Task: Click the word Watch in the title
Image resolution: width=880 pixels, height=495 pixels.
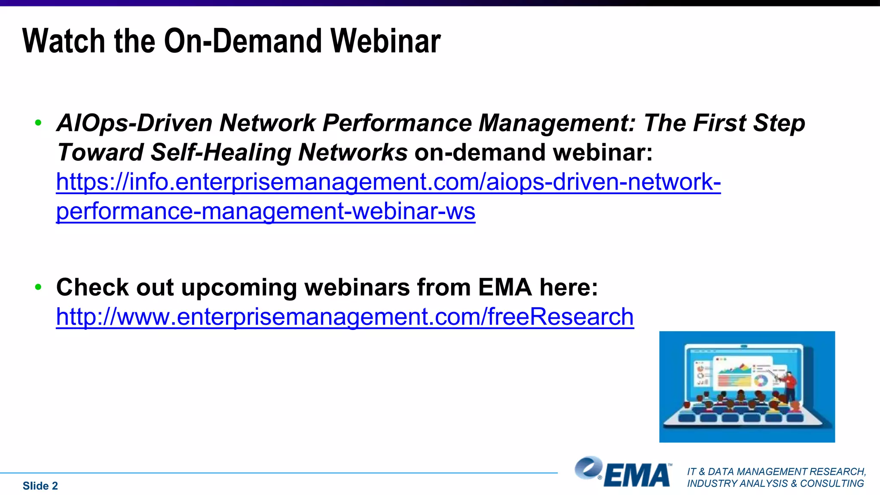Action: pos(64,41)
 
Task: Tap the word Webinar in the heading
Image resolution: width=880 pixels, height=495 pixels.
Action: pos(385,41)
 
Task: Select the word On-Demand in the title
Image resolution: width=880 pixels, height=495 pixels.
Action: pos(243,41)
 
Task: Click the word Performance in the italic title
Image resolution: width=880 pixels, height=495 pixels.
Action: pos(397,123)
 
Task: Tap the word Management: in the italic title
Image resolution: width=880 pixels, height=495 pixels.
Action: pos(557,123)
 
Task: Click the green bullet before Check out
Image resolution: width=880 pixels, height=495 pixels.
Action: pos(38,287)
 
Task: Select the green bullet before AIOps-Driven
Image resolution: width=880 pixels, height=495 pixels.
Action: pos(38,123)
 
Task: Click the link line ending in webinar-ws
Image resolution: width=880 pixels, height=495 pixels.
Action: pos(266,211)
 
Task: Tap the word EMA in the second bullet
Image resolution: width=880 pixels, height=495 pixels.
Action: pos(505,287)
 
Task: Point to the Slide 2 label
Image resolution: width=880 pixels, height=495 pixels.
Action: pos(40,486)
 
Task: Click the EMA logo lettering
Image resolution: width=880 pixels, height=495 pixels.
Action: pos(637,475)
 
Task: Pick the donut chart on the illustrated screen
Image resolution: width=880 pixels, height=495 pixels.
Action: pos(761,380)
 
